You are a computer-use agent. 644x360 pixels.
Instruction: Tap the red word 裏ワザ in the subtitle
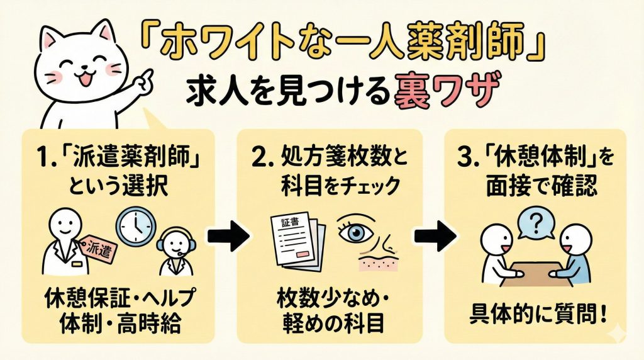440,93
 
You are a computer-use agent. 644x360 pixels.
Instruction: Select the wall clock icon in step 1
135,223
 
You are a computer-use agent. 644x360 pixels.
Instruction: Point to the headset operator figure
173,252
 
